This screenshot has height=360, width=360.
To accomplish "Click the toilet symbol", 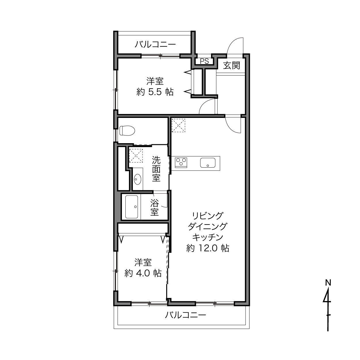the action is click(x=127, y=131).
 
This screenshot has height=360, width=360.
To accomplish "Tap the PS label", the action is click(x=204, y=62).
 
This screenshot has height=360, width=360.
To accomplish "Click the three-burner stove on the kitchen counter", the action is click(x=181, y=163).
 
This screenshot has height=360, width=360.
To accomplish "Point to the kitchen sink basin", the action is click(x=208, y=163).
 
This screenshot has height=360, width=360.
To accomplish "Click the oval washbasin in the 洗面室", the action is click(x=138, y=179).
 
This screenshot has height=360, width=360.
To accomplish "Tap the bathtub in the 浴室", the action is click(x=132, y=207).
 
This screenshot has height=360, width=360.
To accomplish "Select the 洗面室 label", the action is click(x=156, y=169).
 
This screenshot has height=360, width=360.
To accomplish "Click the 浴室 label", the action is click(x=155, y=207).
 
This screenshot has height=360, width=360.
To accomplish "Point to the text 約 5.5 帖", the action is click(x=155, y=92).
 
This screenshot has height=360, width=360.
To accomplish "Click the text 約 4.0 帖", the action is click(x=143, y=273).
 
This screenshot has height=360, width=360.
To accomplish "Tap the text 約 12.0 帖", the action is click(x=208, y=248).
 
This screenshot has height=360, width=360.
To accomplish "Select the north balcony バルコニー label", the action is click(x=155, y=45).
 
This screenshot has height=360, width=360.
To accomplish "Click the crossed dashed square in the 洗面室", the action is click(x=136, y=156).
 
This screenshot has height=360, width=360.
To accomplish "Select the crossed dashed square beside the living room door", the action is click(x=178, y=125).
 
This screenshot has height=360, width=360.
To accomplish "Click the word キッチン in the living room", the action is click(x=208, y=237).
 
